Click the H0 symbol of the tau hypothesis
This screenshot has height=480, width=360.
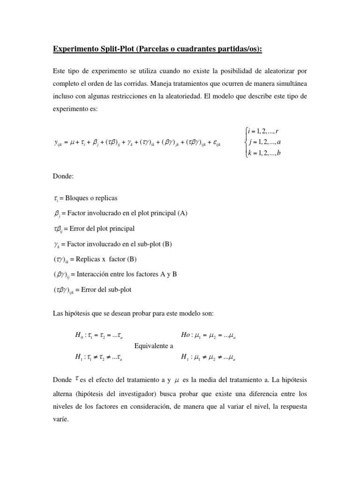79,336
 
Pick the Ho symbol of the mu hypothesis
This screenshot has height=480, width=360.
186,336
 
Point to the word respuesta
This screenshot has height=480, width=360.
293,406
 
